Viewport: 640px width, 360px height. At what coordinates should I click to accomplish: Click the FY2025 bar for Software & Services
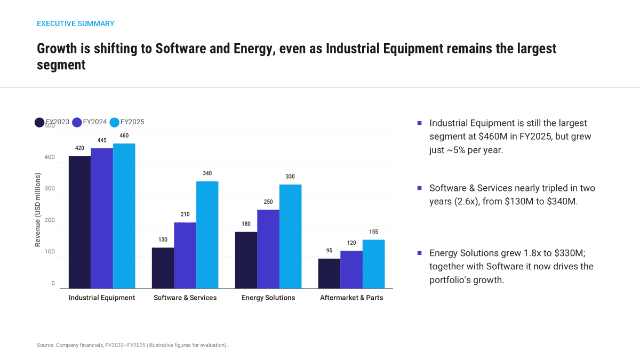[207, 235]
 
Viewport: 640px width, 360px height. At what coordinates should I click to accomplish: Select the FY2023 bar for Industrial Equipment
[79, 222]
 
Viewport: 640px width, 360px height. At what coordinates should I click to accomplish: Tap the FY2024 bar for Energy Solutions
[268, 249]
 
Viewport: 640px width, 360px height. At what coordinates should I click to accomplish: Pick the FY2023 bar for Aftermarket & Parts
[329, 274]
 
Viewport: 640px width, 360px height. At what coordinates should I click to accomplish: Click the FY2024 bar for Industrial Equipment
[102, 218]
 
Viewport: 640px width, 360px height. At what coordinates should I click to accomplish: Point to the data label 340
[207, 173]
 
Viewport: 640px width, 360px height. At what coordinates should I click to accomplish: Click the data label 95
[329, 251]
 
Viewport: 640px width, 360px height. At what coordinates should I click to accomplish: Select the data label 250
[268, 202]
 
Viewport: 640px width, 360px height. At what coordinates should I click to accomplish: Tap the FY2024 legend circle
[77, 122]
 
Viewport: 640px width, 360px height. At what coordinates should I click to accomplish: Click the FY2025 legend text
[132, 122]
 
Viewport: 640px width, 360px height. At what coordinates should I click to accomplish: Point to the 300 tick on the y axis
[50, 189]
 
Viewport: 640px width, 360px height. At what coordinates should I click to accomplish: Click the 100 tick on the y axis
[50, 252]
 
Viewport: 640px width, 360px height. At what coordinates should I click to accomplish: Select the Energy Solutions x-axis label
[268, 298]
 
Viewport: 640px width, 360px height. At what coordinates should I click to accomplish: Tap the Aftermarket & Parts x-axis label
[351, 298]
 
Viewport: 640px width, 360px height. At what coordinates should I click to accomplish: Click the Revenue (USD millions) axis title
[38, 210]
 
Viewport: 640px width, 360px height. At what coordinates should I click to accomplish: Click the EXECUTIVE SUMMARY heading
[75, 23]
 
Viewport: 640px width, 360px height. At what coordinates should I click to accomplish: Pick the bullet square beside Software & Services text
[419, 188]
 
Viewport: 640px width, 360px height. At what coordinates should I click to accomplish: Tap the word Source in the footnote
[45, 345]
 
